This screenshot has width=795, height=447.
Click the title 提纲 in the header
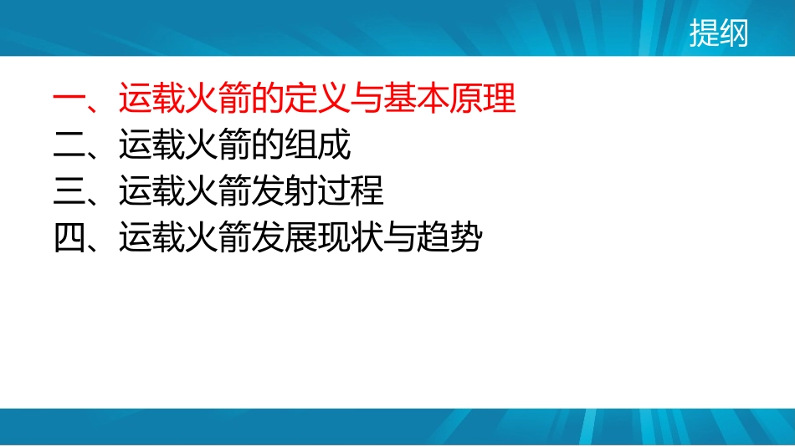(718, 34)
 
